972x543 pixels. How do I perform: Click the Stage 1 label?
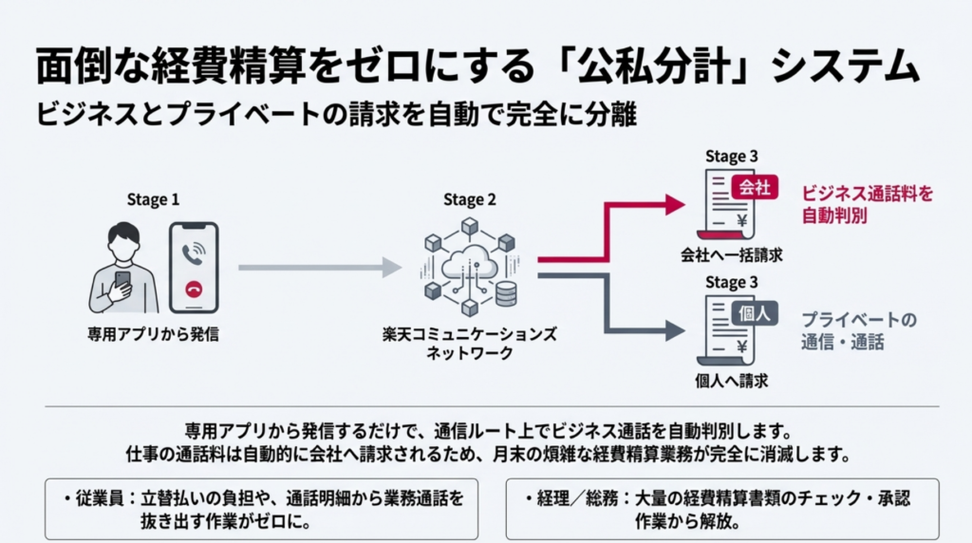[x=153, y=199]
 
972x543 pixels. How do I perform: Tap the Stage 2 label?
[x=469, y=199]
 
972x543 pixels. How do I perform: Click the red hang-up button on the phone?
[x=195, y=291]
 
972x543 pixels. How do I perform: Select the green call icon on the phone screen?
[x=195, y=252]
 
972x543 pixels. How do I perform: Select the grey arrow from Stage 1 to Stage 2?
[x=319, y=269]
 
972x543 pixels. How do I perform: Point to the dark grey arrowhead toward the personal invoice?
[x=675, y=330]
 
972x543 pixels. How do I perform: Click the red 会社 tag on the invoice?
[x=755, y=187]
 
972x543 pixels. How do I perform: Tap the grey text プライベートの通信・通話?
[x=859, y=330]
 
